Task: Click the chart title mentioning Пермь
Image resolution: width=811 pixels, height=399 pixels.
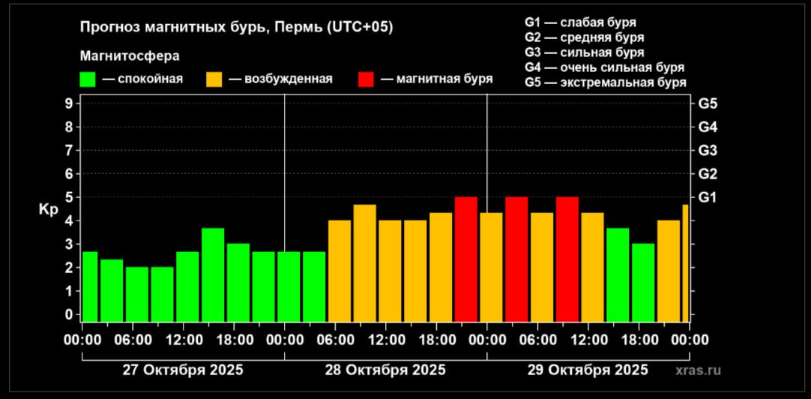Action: coord(236,27)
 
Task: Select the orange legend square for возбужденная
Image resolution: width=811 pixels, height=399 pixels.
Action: coord(215,79)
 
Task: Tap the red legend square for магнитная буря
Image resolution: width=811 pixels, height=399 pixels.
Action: coord(367,79)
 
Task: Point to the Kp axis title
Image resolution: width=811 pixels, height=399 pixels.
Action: coord(46,209)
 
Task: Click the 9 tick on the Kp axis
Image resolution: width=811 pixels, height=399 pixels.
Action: coord(67,103)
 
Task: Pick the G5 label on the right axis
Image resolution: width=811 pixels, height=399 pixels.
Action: coord(708,103)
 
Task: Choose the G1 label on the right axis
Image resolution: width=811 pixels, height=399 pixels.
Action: coord(708,197)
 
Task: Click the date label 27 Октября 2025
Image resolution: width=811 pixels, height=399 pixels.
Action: coord(183,370)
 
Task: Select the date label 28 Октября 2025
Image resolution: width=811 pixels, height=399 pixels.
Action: coord(385,370)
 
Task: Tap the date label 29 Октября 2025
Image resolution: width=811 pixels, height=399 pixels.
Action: coord(588,370)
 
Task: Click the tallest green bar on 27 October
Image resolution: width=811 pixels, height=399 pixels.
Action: coord(213,274)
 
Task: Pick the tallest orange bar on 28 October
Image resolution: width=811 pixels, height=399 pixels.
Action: coord(365,262)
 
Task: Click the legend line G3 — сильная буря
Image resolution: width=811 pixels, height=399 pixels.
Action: coord(585,52)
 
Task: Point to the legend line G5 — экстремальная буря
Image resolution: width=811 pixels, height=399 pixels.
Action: coord(606,82)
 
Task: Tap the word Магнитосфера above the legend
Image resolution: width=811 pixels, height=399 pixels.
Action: coord(130,55)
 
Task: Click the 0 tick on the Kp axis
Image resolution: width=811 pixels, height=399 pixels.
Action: coord(67,315)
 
